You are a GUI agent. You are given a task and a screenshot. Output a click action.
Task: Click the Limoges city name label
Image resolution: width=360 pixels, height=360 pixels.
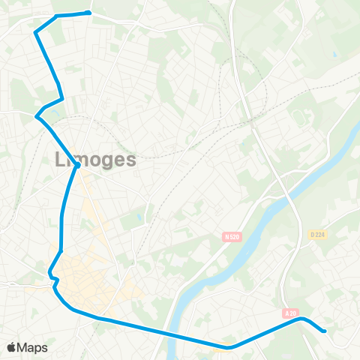point(96,159)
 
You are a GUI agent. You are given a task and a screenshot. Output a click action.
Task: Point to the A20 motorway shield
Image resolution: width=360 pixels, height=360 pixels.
point(291,313)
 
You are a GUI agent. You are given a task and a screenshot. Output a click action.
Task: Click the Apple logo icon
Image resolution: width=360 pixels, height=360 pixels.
point(11,347)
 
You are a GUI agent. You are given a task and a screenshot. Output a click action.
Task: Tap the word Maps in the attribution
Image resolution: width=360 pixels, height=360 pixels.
point(33,347)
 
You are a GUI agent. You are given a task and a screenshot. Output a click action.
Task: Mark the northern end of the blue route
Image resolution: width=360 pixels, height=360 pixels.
point(89,12)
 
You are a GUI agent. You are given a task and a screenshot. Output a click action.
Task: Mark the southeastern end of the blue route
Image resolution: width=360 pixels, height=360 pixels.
point(324,330)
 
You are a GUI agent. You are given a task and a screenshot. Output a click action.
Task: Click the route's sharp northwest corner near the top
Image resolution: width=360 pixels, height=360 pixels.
point(35,31)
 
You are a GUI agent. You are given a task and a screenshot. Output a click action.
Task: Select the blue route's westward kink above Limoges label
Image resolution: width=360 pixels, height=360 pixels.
point(37,115)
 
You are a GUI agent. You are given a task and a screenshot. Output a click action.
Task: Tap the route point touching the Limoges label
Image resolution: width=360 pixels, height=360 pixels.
point(77,166)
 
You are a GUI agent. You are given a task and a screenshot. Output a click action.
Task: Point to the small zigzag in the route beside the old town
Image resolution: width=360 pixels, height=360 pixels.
point(53,279)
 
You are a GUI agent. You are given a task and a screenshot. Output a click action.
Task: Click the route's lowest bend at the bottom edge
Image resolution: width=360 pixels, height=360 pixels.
point(228,347)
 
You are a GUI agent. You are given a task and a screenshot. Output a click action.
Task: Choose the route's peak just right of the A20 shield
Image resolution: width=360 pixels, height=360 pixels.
point(301,319)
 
